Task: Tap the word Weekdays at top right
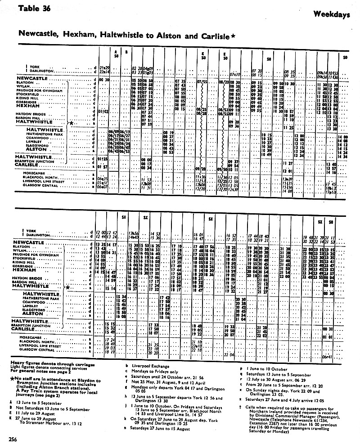tap(332, 14)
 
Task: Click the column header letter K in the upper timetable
tap(203, 53)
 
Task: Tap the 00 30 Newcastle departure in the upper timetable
tap(104, 80)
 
